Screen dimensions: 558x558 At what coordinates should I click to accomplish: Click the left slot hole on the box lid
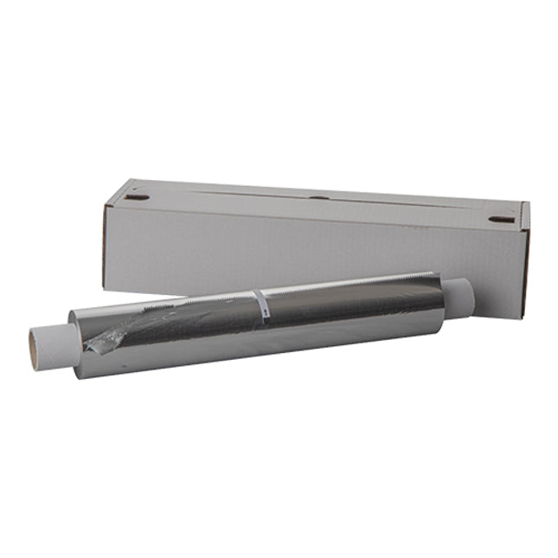[x=136, y=198]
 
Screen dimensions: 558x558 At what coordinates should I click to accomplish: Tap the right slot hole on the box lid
[x=501, y=220]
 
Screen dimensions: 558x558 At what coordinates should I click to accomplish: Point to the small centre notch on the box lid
[x=318, y=198]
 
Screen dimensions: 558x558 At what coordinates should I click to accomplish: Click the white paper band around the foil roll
[x=260, y=307]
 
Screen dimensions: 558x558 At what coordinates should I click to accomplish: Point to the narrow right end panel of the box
[x=524, y=260]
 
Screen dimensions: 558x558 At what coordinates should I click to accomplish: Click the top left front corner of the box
[x=106, y=207]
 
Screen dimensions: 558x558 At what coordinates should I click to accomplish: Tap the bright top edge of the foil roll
[x=346, y=283]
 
